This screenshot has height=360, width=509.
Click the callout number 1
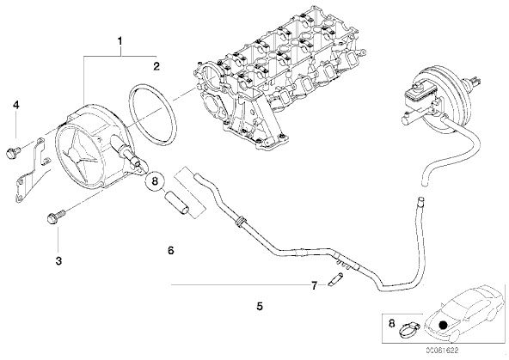120,41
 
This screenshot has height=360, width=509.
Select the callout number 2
156,66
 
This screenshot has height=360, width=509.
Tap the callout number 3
58,260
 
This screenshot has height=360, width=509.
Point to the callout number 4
15,105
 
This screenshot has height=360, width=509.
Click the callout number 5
260,306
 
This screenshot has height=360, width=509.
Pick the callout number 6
171,250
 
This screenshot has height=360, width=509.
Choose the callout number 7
314,286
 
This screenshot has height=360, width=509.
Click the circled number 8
155,181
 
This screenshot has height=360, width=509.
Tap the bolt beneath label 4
13,151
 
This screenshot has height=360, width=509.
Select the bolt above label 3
56,217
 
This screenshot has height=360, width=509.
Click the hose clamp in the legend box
408,330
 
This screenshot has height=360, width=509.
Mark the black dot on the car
442,325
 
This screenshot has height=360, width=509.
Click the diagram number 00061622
442,351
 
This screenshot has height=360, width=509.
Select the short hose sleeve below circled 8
177,204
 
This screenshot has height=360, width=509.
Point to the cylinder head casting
279,78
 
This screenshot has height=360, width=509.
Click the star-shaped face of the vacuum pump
79,156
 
